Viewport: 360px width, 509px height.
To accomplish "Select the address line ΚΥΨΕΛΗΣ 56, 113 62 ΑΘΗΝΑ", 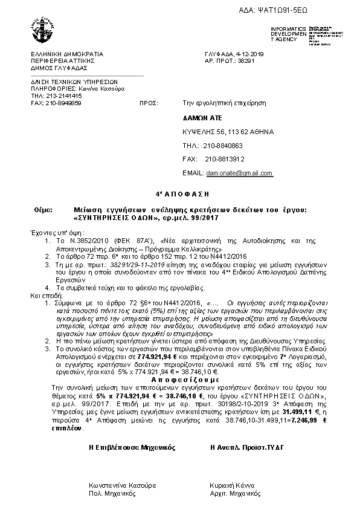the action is click(228, 131).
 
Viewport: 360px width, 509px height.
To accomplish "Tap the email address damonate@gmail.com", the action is click(239, 173).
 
